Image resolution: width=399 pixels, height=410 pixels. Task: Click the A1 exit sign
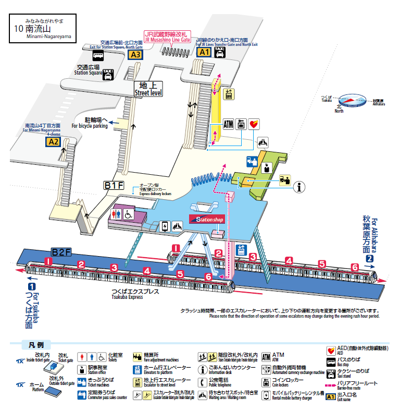[x=203, y=52]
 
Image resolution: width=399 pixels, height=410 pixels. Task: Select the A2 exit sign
[x=54, y=141]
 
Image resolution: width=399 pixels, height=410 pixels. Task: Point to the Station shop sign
[x=207, y=220]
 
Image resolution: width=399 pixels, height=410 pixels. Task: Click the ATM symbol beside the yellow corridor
[x=228, y=124]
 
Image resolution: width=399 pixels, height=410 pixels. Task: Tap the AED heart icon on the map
[x=254, y=124]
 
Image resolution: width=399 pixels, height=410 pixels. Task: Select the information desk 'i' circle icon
[x=299, y=188]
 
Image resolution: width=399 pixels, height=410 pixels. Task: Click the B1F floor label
[x=114, y=185]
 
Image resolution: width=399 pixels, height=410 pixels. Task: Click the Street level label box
[x=148, y=89]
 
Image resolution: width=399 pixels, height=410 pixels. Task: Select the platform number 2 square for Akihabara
[x=369, y=259]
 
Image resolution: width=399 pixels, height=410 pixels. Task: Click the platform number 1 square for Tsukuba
[x=32, y=286]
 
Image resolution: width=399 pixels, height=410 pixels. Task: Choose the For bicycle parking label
[x=89, y=123]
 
